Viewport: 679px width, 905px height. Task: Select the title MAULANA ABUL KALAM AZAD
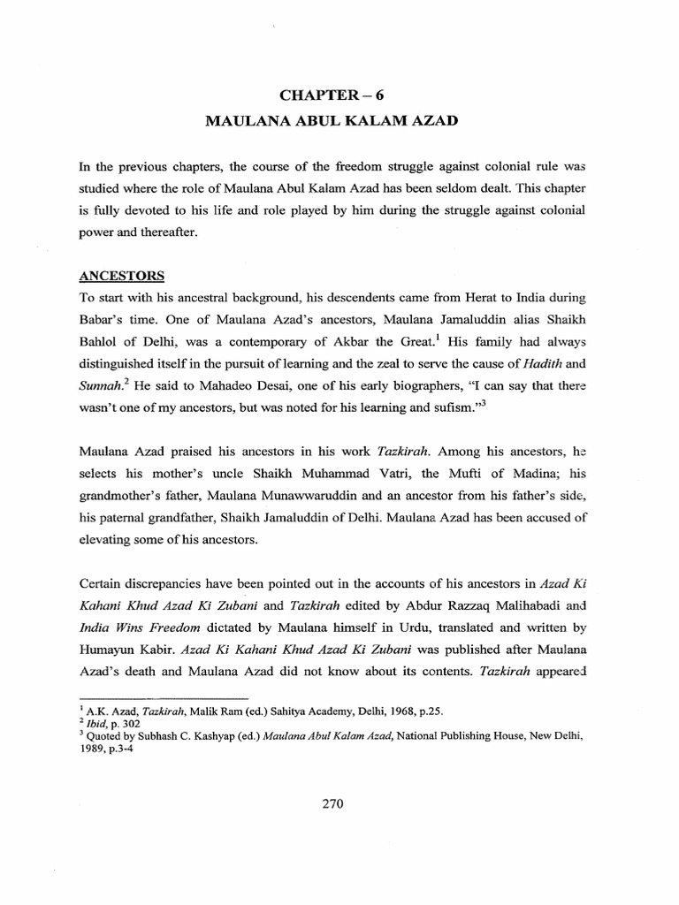[339, 119]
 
